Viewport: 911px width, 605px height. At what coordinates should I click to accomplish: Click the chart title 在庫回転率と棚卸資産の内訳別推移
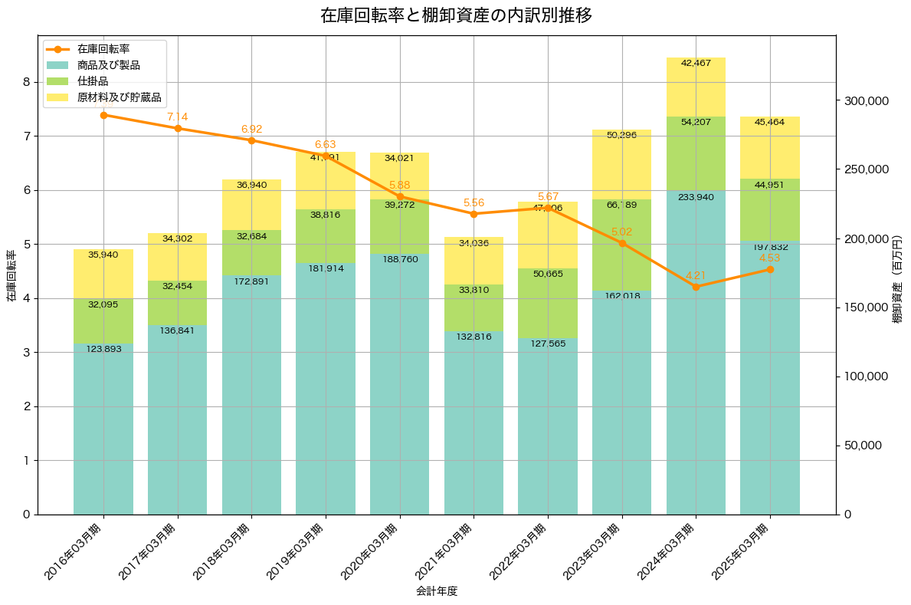(x=455, y=15)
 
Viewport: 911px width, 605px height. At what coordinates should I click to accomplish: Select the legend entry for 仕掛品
(x=93, y=81)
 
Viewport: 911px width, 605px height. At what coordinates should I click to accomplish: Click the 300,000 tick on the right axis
(x=865, y=101)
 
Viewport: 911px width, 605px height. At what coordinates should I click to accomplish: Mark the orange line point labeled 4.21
(x=696, y=287)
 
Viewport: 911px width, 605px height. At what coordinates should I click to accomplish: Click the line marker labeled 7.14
(x=178, y=128)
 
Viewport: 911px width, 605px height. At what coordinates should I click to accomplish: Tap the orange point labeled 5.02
(x=622, y=243)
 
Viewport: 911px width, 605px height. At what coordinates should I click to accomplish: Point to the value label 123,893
(x=103, y=350)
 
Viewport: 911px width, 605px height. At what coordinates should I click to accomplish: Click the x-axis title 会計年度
(x=437, y=591)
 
